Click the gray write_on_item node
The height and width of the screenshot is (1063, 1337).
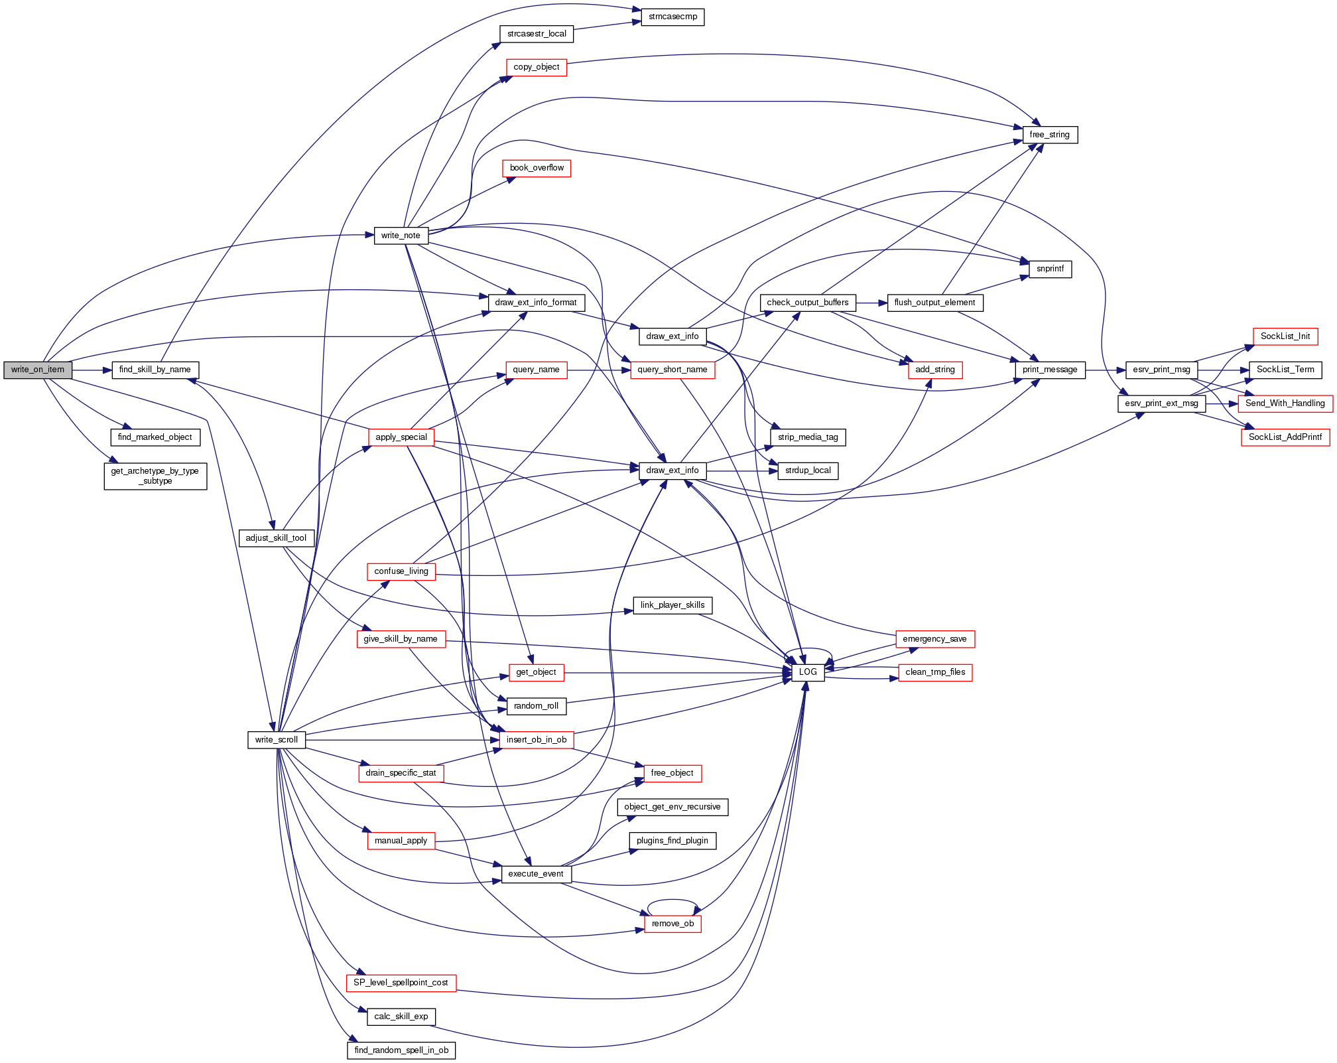point(38,370)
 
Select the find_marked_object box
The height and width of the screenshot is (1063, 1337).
point(155,437)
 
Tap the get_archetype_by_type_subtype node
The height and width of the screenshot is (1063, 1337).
point(155,476)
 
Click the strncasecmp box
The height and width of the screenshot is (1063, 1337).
point(672,17)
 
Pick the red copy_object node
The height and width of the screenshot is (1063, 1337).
point(536,67)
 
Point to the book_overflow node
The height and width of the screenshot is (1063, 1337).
point(537,168)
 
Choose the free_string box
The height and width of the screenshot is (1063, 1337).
point(1049,135)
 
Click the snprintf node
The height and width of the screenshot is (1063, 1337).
point(1050,269)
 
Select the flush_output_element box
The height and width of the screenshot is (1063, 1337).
point(934,303)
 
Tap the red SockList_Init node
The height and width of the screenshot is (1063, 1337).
point(1285,336)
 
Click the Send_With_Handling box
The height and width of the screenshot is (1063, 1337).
point(1285,403)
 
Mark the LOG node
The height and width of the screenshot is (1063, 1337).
point(808,672)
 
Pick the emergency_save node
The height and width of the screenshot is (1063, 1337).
point(934,639)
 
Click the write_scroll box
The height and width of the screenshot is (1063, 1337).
point(277,740)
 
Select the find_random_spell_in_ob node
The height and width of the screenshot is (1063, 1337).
point(401,1050)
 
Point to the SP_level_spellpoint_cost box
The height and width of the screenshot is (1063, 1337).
point(401,983)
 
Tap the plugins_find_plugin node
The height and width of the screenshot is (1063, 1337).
point(672,841)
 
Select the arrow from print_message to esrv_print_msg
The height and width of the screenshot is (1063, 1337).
point(1105,370)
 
